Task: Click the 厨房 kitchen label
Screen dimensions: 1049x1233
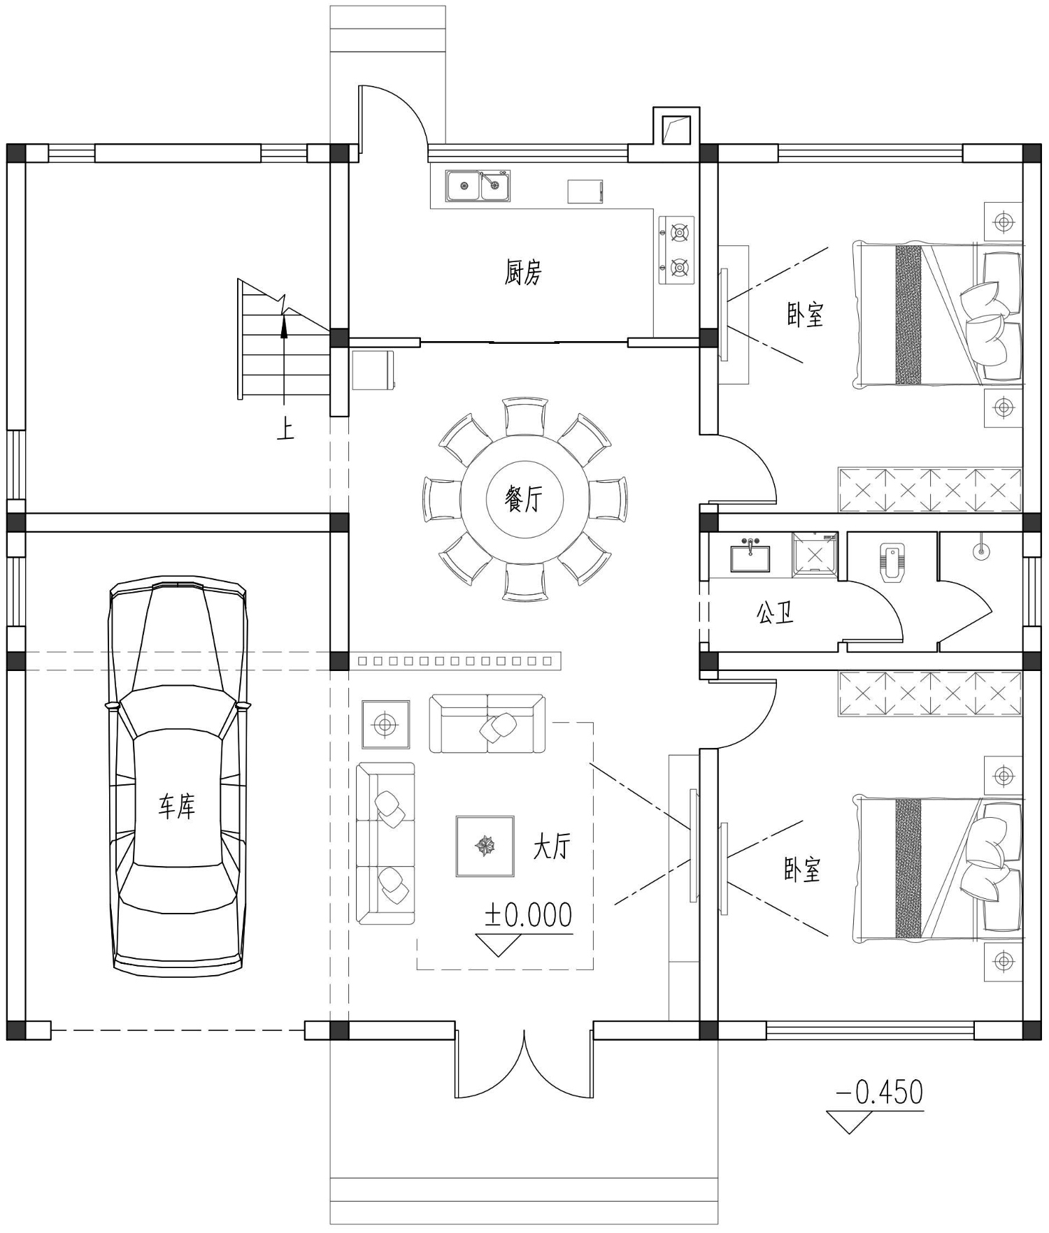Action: pyautogui.click(x=523, y=272)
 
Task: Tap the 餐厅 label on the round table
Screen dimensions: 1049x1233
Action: pyautogui.click(x=524, y=498)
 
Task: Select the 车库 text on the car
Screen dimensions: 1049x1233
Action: pyautogui.click(x=176, y=806)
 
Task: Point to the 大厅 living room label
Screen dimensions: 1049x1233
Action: pyautogui.click(x=552, y=846)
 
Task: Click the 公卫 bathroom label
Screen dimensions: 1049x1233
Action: pyautogui.click(x=775, y=614)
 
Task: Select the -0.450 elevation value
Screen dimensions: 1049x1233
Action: pyautogui.click(x=880, y=1093)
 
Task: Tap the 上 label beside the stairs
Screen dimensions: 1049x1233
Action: pyautogui.click(x=285, y=428)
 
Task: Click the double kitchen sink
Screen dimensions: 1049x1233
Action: pyautogui.click(x=478, y=185)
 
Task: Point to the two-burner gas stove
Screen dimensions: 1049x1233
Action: pyautogui.click(x=677, y=250)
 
